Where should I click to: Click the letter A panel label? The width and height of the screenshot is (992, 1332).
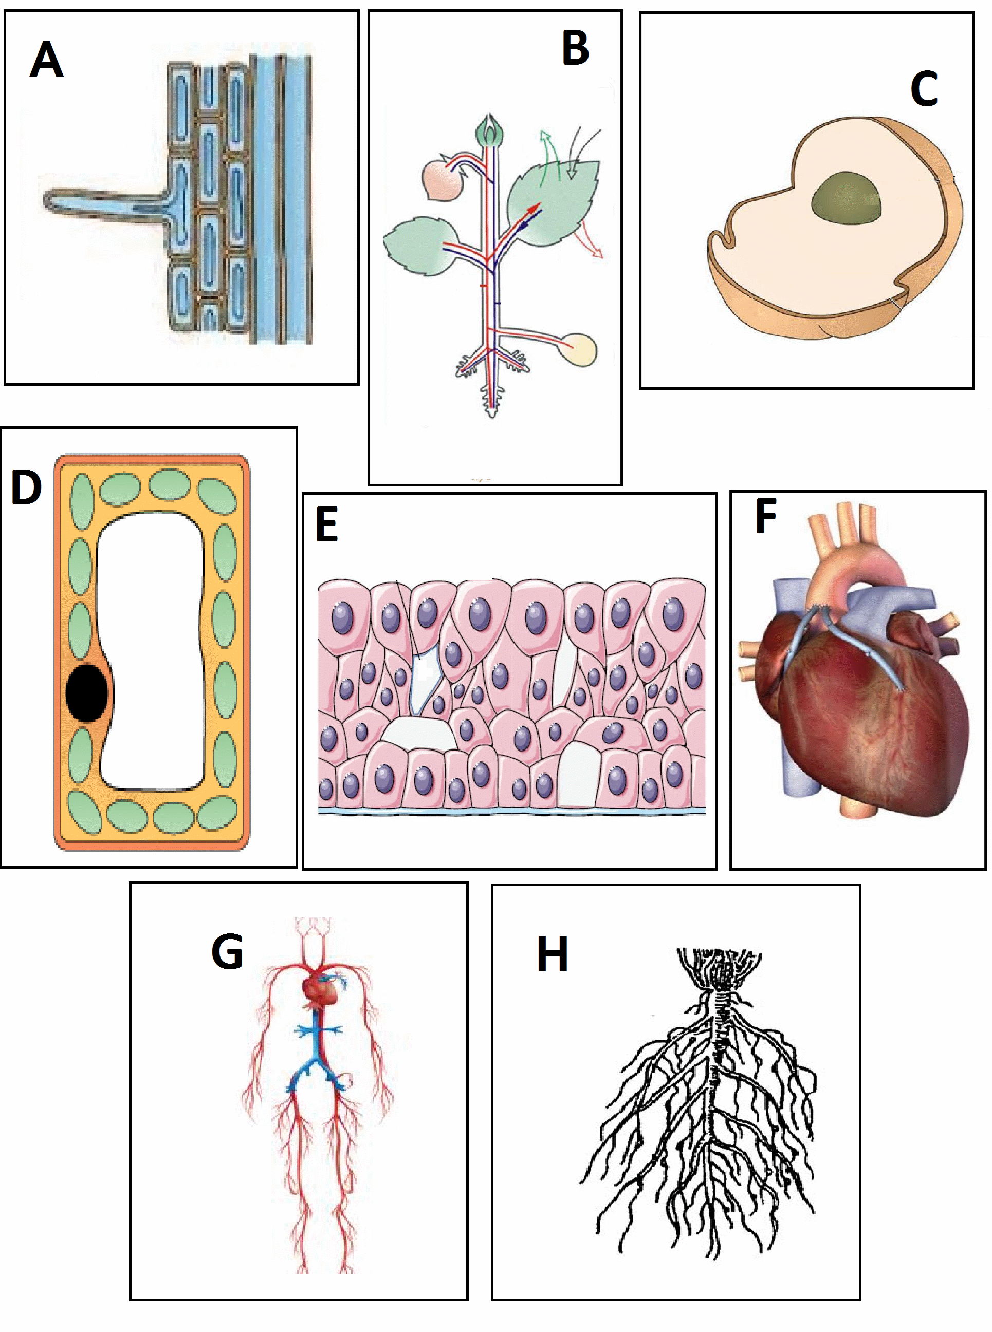coord(46,60)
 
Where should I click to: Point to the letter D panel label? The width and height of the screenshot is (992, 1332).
coord(26,486)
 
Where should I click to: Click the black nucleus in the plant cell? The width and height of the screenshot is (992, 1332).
coord(87,692)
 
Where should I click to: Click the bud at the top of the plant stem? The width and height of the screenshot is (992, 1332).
coord(490,131)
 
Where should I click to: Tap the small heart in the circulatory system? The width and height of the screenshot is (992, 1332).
coord(322,990)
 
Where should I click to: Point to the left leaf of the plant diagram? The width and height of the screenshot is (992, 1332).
coord(417,246)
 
